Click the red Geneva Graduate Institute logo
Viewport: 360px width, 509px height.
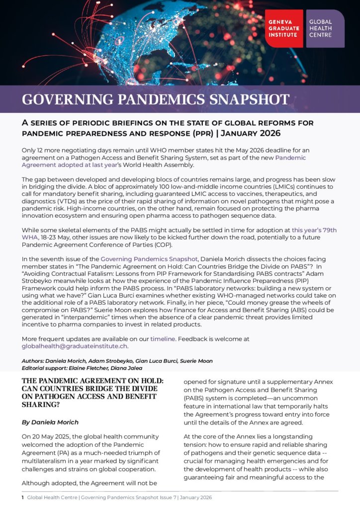tap(284, 29)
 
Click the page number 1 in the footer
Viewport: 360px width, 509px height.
tap(22, 497)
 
